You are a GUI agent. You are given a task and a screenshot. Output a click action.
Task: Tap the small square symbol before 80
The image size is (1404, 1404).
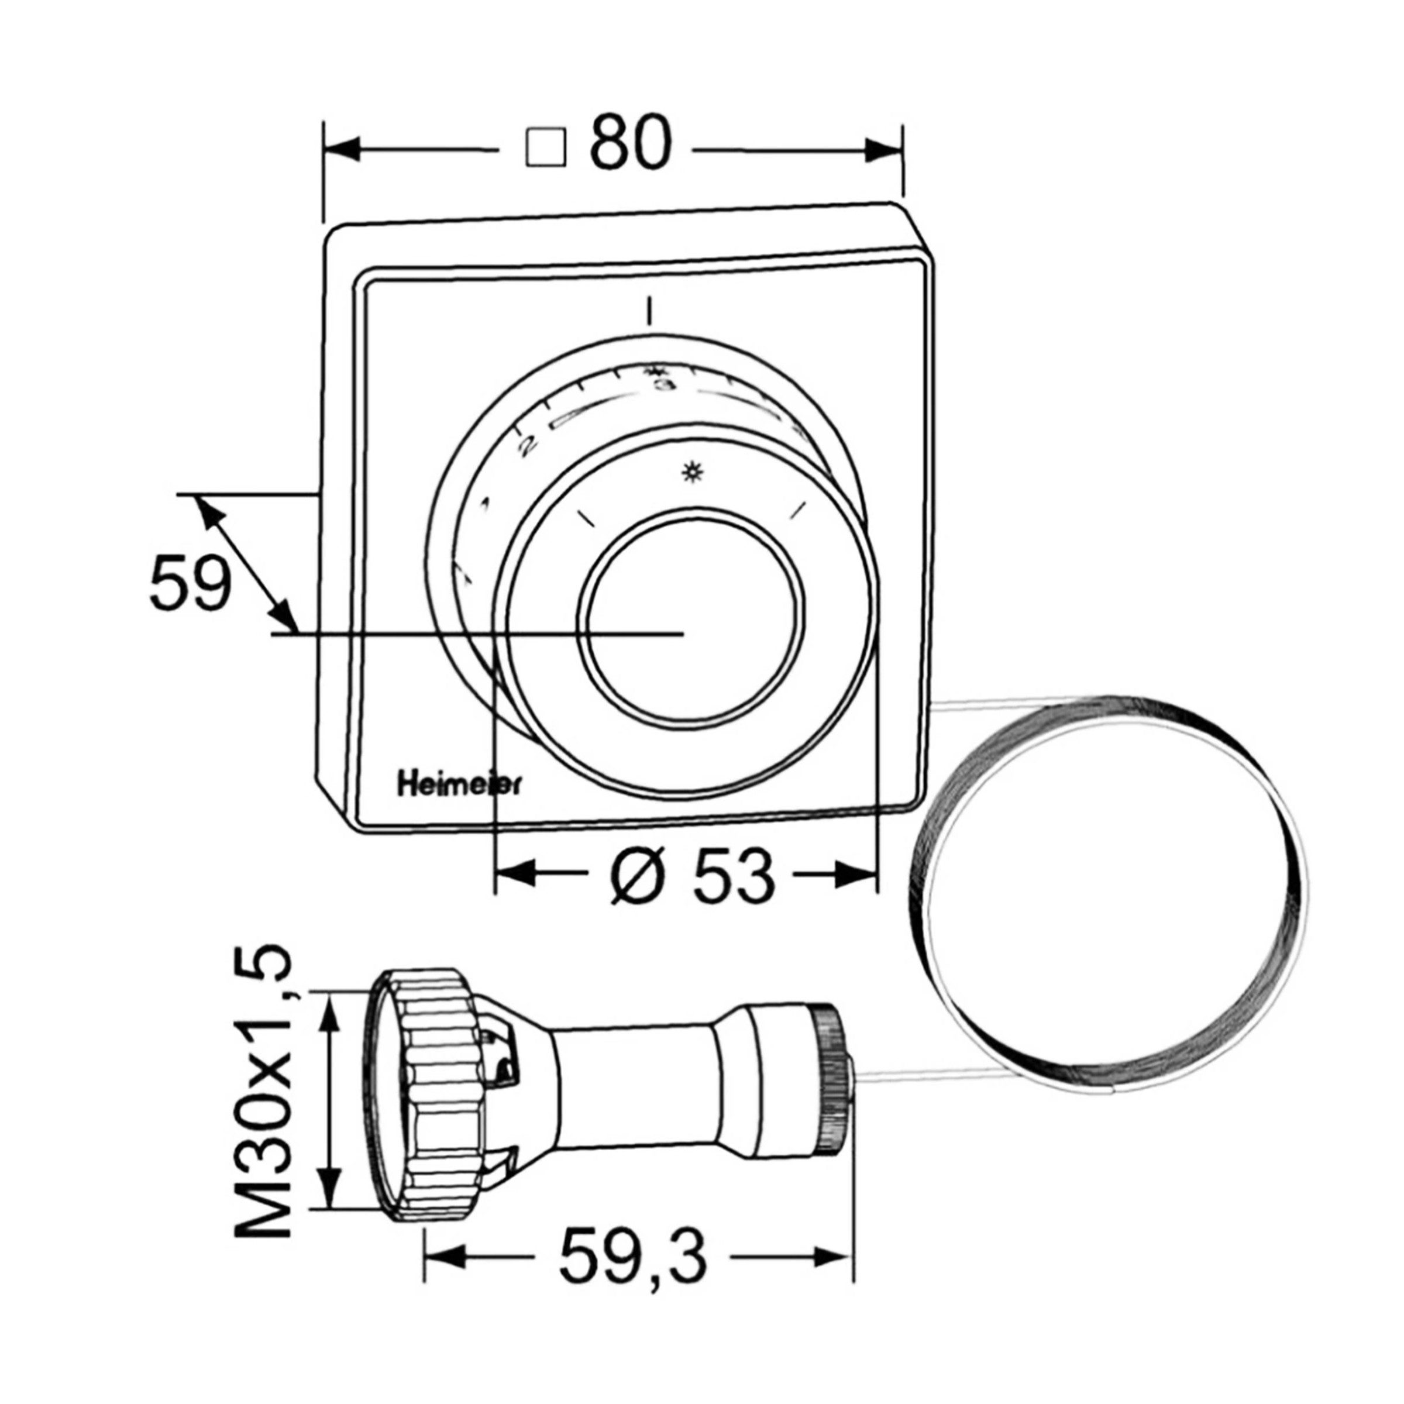(x=546, y=150)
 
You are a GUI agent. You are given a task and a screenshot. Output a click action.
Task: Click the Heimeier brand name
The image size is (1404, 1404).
(x=457, y=787)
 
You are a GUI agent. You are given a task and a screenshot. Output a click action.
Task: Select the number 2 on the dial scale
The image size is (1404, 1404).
(x=528, y=445)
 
